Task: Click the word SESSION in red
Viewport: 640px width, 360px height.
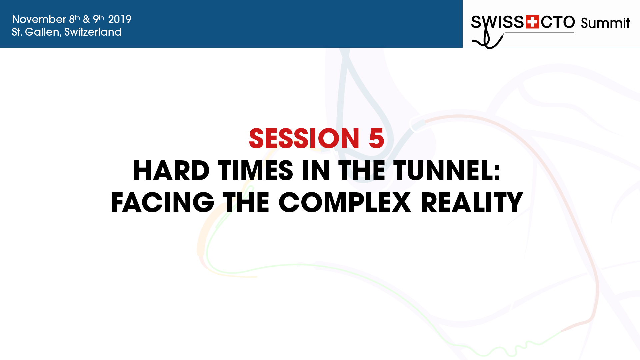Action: point(304,138)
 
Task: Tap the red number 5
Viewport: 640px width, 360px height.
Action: point(376,138)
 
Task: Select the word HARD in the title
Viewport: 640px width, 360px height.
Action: point(171,171)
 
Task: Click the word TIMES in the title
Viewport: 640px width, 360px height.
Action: point(256,171)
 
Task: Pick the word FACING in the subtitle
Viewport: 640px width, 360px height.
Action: point(163,202)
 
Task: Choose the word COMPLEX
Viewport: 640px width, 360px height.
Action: point(345,202)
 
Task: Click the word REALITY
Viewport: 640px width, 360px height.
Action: point(472,202)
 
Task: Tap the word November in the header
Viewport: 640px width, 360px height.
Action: point(39,19)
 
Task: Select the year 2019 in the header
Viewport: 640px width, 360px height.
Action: point(120,19)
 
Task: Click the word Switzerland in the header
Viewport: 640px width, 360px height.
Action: point(93,32)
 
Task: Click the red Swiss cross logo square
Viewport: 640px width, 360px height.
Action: point(532,22)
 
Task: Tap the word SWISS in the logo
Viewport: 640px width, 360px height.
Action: point(498,22)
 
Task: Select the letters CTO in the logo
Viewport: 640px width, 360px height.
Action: point(558,22)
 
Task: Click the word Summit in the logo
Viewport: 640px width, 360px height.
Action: point(605,23)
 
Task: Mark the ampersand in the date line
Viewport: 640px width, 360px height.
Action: point(86,19)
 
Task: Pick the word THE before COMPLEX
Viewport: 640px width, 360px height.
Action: point(246,202)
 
